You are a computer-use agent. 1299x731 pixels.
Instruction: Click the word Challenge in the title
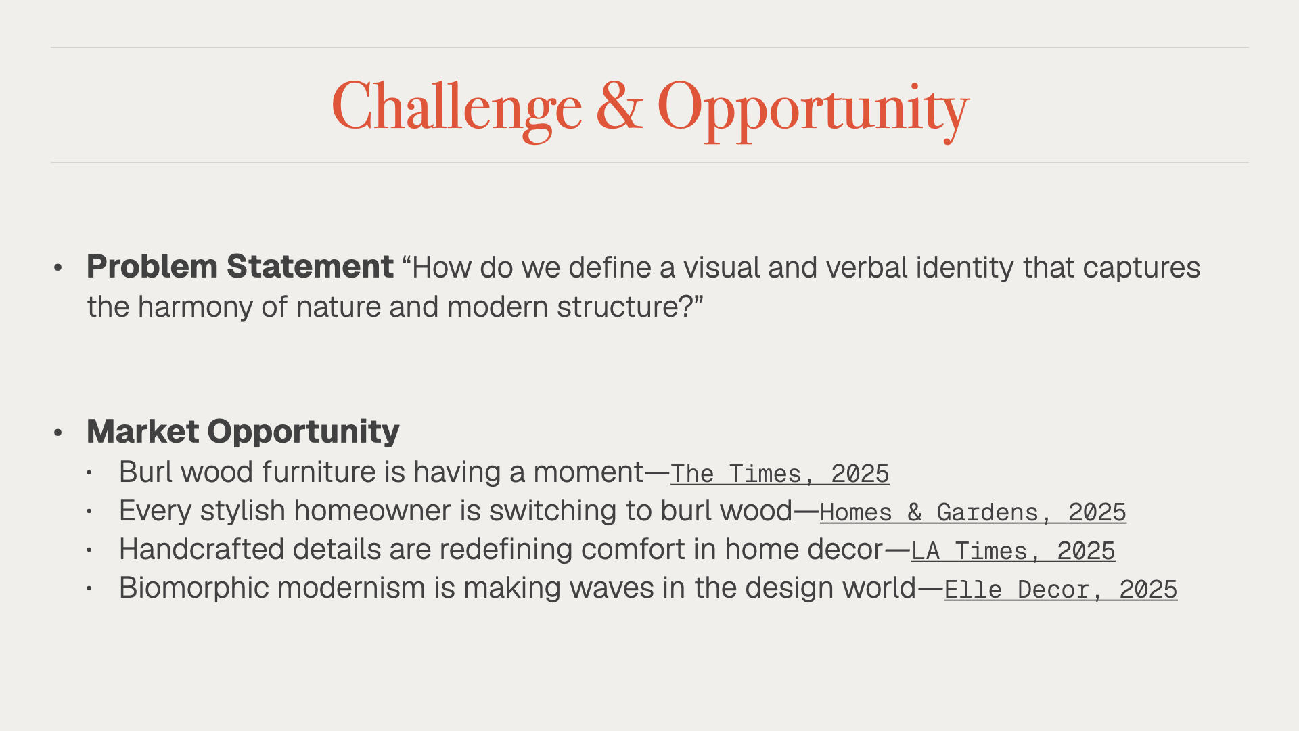click(x=457, y=108)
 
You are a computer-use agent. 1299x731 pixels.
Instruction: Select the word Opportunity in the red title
click(x=813, y=110)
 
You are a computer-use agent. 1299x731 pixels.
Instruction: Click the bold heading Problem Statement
click(x=240, y=267)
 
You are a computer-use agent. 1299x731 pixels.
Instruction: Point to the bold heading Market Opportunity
click(x=243, y=432)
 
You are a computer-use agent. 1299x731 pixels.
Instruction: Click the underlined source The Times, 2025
click(x=779, y=474)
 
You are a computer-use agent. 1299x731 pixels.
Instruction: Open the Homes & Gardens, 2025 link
click(x=973, y=512)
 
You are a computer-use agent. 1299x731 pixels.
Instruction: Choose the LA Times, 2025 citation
click(x=1013, y=551)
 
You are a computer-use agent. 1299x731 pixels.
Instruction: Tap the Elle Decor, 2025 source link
click(x=1060, y=590)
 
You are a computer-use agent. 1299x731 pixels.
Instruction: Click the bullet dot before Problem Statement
click(x=58, y=268)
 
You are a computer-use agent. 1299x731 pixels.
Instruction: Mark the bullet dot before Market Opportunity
click(x=58, y=433)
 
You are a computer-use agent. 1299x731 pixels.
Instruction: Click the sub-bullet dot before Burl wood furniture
click(x=89, y=473)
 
